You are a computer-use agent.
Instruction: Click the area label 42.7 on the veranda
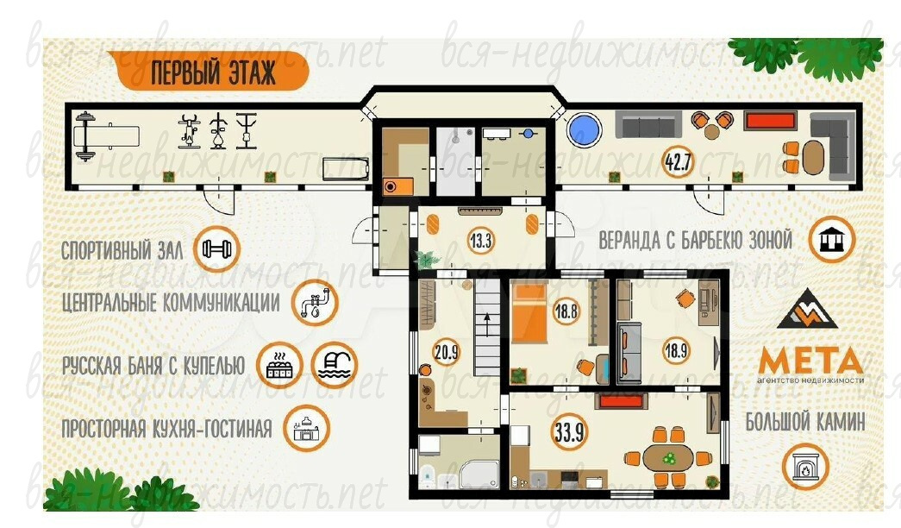point(678,162)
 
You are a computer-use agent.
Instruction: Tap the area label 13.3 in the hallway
point(481,240)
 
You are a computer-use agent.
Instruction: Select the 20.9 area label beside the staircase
point(447,351)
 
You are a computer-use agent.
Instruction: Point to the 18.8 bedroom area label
point(566,311)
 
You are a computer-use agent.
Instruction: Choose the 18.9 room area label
point(676,349)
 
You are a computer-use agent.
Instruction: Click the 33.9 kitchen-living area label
point(569,431)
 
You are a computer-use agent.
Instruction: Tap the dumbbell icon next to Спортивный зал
point(216,249)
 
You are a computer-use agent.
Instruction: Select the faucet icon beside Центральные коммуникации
point(315,303)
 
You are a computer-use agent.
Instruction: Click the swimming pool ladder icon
point(335,365)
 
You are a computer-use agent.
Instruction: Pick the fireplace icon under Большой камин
point(805,467)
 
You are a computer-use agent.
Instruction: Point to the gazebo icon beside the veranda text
point(831,240)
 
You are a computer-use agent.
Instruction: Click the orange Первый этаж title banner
point(208,72)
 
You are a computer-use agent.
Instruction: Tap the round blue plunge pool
point(584,129)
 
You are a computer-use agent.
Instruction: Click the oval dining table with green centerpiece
point(667,458)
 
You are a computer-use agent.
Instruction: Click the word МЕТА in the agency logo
point(810,361)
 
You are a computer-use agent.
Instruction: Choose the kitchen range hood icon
point(307,429)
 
